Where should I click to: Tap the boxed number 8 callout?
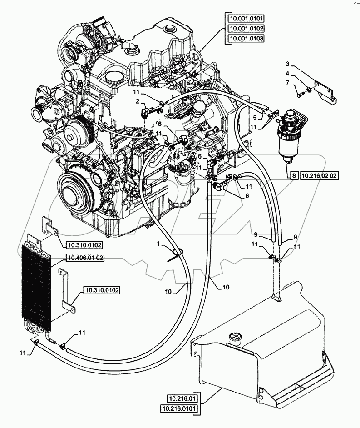pos(293,174)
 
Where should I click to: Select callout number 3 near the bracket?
pos(287,63)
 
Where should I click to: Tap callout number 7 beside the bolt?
pos(287,83)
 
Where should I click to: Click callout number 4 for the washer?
pos(287,73)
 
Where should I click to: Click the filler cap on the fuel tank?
pos(235,337)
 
